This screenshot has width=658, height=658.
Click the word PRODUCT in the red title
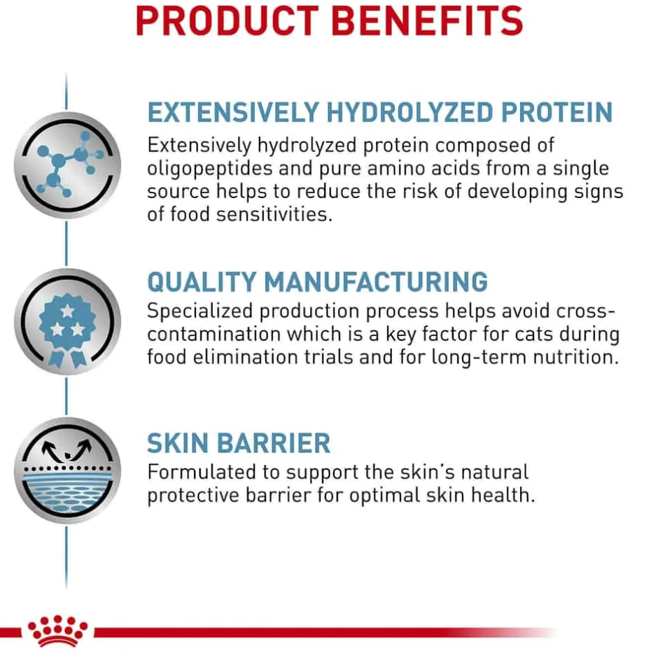pyautogui.click(x=227, y=21)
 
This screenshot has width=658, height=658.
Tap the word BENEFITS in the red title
pyautogui.click(x=427, y=21)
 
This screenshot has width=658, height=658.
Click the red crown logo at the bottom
pyautogui.click(x=57, y=631)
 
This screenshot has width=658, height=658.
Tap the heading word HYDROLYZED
pyautogui.click(x=409, y=113)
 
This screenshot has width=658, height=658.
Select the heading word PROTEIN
pyautogui.click(x=557, y=113)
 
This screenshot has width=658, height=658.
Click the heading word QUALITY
pyautogui.click(x=202, y=282)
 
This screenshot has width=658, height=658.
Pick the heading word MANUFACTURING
pyautogui.click(x=376, y=281)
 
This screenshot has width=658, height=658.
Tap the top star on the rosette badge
pyautogui.click(x=67, y=311)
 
